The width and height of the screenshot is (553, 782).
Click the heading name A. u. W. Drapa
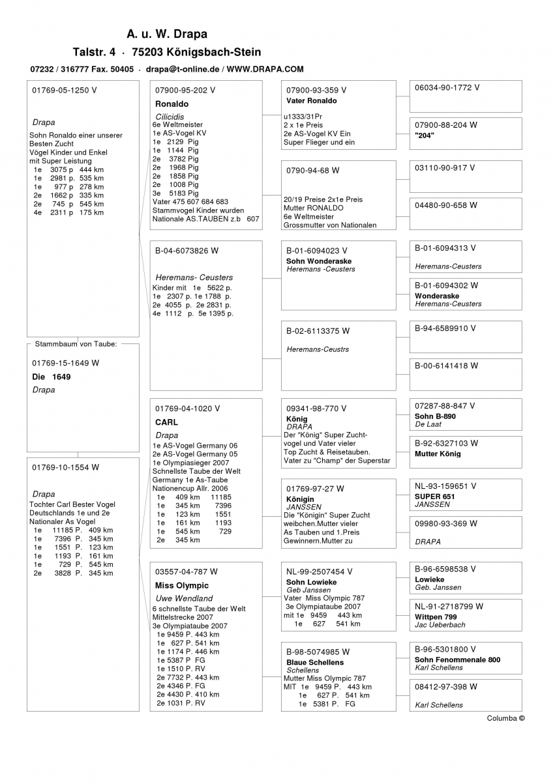167,34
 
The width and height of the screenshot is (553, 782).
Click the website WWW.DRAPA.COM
265,68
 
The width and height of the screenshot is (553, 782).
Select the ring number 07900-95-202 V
185,90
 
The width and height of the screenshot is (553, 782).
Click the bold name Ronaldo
172,104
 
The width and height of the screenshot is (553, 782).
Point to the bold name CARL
166,422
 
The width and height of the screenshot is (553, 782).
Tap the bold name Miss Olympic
182,585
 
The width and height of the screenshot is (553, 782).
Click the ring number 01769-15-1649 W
66,362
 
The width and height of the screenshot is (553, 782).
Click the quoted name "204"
425,136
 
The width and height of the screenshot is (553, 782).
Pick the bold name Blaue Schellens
315,662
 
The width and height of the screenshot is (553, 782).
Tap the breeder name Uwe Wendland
184,598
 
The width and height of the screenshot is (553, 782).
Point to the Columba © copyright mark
505,718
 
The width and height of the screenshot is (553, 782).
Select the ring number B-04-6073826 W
187,250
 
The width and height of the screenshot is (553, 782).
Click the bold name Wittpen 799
436,616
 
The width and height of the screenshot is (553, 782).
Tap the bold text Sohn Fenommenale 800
457,659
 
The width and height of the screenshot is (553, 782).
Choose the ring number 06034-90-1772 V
447,87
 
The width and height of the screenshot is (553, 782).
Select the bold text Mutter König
438,454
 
